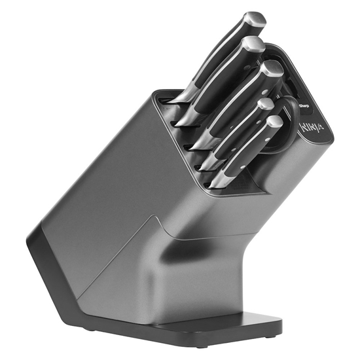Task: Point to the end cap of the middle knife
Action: [x=271, y=69]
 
